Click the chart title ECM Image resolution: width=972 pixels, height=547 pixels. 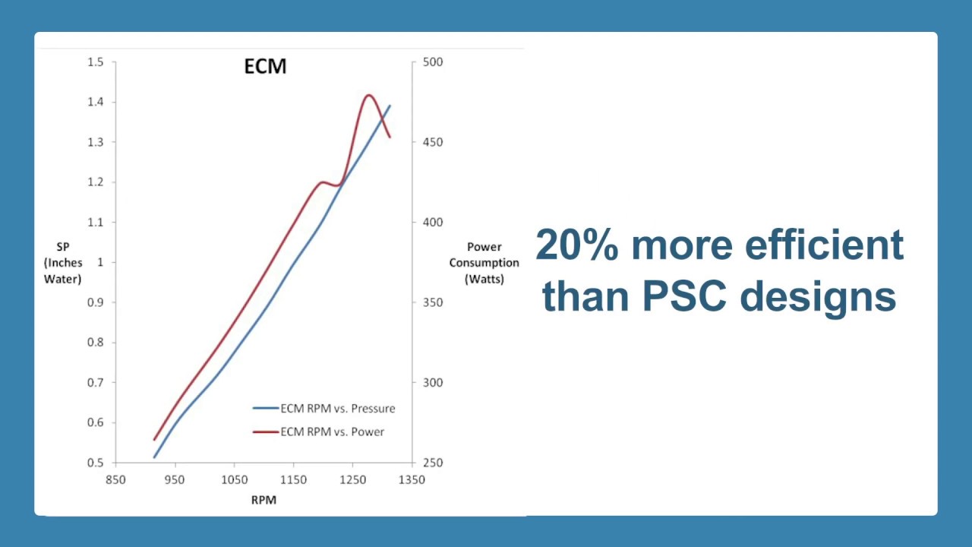point(265,67)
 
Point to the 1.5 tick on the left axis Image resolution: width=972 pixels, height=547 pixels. point(96,62)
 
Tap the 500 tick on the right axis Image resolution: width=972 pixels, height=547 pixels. point(433,62)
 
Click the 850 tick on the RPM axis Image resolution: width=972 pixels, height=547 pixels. point(115,479)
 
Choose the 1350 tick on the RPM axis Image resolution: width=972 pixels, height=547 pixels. point(412,479)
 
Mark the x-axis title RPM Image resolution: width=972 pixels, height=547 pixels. point(264,500)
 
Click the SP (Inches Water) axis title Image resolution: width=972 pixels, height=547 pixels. point(63,263)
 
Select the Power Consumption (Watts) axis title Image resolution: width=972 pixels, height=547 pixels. point(484,263)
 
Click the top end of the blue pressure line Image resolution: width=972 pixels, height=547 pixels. point(390,106)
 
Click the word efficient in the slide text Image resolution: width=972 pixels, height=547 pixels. point(824,245)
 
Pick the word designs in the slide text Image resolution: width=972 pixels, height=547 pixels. point(819,296)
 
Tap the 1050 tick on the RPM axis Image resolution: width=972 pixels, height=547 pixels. point(234,479)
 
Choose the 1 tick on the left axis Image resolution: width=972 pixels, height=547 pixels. point(100,262)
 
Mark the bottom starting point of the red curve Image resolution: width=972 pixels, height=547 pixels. point(154,439)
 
